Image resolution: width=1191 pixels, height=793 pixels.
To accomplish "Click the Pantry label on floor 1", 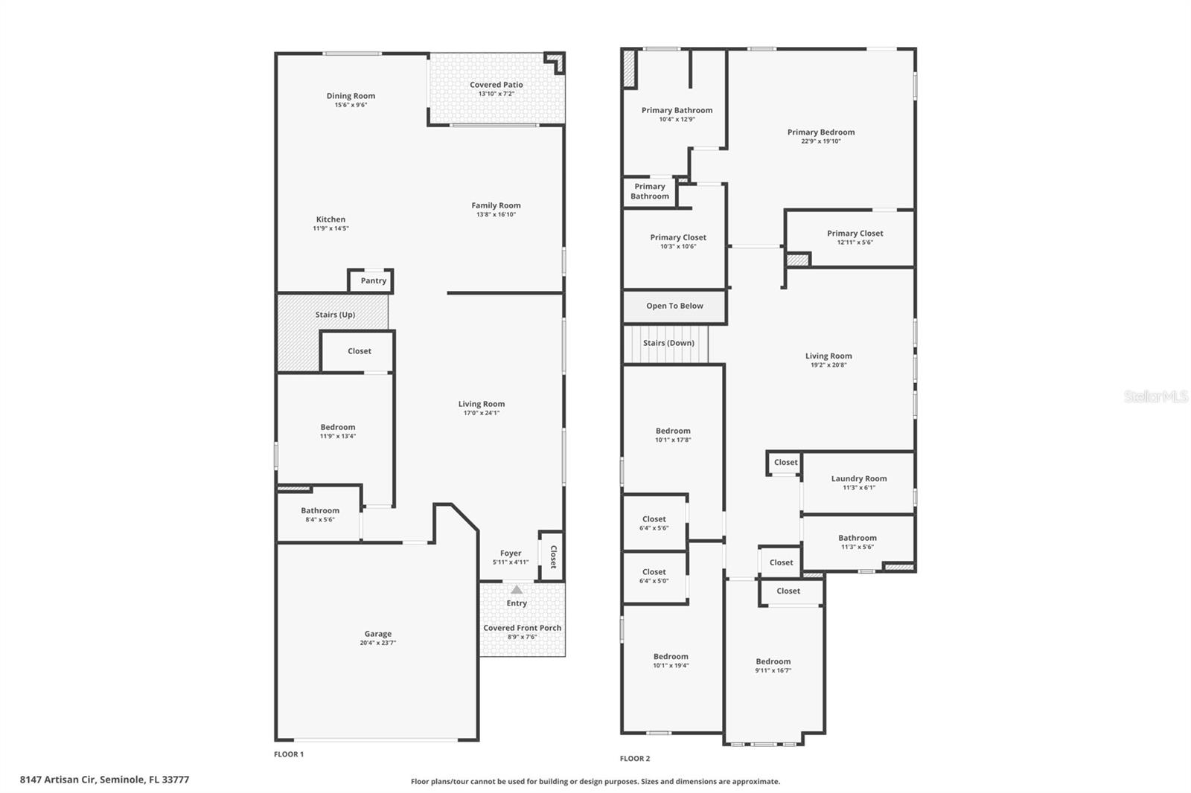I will [x=374, y=281].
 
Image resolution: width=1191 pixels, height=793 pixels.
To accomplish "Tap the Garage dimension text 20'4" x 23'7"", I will [x=378, y=643].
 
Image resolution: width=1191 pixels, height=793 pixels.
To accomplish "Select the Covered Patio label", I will [x=496, y=85].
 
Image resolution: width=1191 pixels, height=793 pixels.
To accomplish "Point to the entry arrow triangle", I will [x=517, y=590].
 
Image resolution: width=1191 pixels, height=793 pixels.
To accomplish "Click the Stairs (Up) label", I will [x=335, y=315].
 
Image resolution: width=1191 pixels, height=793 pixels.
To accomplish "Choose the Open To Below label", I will [x=674, y=306].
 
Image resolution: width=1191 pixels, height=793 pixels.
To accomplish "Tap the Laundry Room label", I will [x=859, y=479].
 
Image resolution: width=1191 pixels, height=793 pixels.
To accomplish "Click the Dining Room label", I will [x=351, y=96].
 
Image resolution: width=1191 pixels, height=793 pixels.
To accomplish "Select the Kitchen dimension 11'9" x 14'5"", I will [x=331, y=228].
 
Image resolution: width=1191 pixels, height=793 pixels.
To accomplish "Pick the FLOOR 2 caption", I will [x=635, y=759].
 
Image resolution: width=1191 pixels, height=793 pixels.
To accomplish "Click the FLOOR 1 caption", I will [x=289, y=754].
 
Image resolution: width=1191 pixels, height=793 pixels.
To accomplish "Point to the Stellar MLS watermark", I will [x=1156, y=396].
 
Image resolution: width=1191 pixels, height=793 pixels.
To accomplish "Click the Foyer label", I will [x=511, y=553].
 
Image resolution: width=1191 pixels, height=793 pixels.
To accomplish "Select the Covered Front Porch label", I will [x=523, y=628].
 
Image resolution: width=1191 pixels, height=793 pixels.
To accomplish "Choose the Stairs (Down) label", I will [x=668, y=343].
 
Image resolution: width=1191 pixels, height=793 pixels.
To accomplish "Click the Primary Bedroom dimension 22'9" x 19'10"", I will [x=821, y=141].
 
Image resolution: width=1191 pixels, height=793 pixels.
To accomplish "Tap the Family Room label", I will [x=496, y=205].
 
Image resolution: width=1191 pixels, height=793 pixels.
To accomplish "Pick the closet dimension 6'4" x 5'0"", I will [x=654, y=581].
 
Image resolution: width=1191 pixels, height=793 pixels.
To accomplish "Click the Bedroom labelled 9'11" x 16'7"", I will [x=773, y=661].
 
